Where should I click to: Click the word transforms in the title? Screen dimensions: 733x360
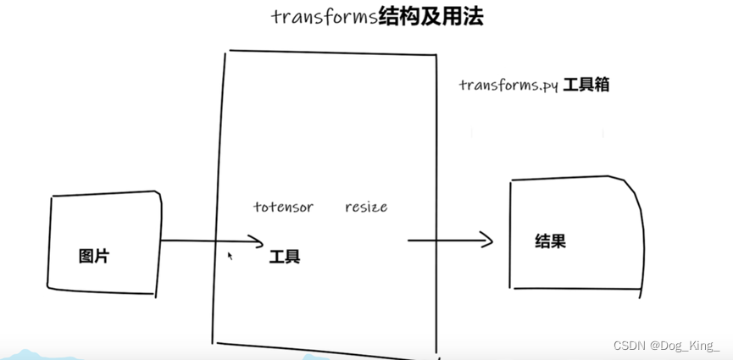321,16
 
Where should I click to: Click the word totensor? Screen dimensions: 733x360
283,207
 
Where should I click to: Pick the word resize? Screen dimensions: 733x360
366,207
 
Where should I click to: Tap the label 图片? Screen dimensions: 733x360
94,256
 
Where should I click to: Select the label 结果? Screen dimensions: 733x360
551,241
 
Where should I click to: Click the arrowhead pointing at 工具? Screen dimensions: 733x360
261,241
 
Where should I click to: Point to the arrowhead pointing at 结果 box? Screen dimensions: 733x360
488,241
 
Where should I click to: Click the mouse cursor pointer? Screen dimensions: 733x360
230,254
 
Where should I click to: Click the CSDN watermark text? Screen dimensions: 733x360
630,346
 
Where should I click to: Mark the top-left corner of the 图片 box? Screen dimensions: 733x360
52,197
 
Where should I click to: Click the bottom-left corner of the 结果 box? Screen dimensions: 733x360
510,286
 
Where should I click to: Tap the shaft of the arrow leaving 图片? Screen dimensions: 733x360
203,241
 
